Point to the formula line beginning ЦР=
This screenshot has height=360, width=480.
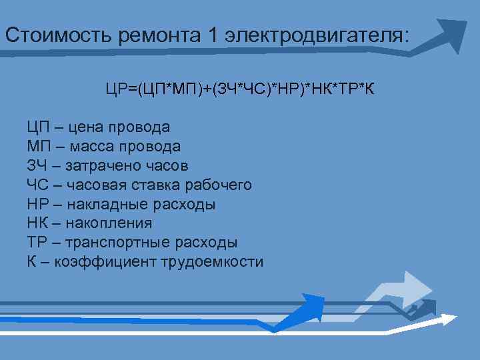point(239,89)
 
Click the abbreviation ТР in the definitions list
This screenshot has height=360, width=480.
point(35,243)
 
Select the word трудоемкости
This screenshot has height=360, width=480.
point(212,262)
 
